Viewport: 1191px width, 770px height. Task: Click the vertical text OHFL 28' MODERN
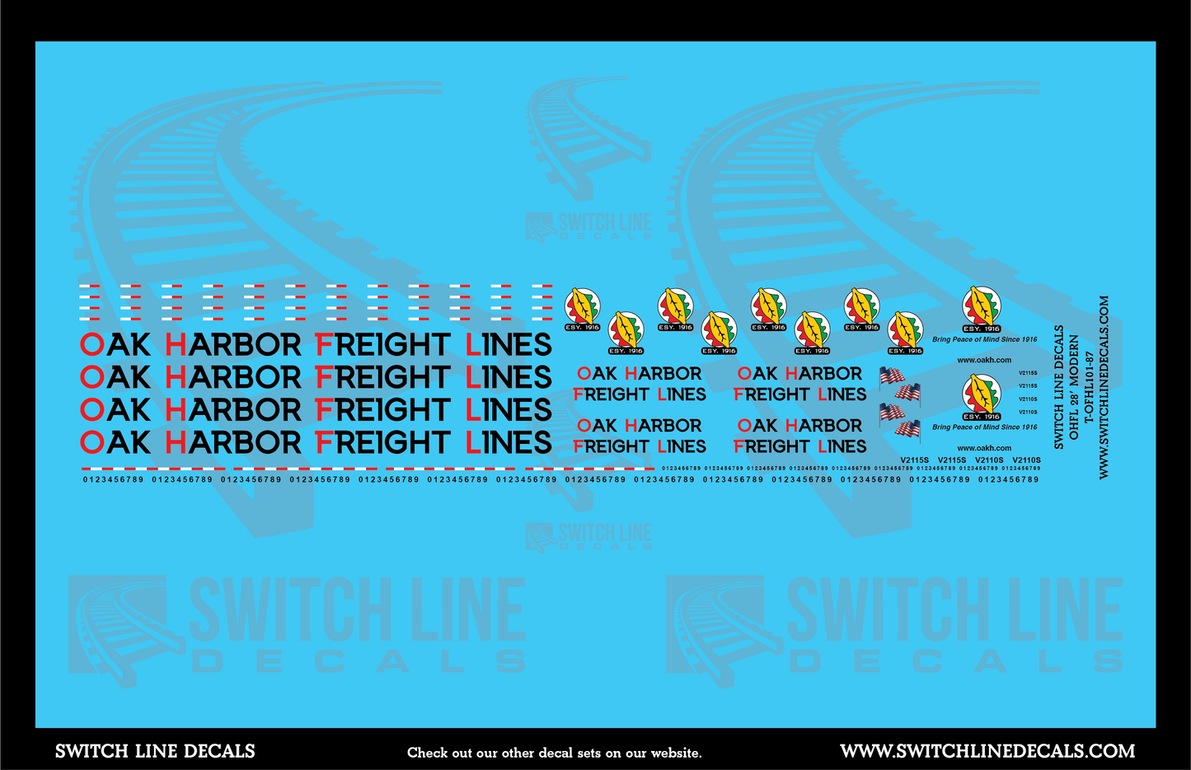(x=1074, y=386)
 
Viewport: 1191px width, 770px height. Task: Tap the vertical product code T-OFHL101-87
(x=1089, y=388)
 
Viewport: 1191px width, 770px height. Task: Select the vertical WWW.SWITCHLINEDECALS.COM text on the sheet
(x=1104, y=387)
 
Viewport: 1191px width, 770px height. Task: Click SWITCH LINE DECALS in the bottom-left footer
(x=155, y=751)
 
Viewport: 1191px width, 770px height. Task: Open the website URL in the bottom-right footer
(x=987, y=751)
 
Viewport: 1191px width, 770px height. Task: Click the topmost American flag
(x=891, y=376)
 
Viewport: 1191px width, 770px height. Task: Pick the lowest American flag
(x=907, y=430)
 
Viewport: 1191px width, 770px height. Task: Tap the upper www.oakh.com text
(x=984, y=360)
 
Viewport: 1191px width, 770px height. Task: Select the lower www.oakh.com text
(x=984, y=448)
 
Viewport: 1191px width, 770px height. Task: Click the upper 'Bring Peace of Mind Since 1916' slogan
(x=984, y=339)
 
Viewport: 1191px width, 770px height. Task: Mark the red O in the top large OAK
(x=91, y=344)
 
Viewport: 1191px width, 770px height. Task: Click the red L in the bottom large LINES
(x=473, y=443)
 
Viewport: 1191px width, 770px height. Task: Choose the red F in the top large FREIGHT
(x=325, y=344)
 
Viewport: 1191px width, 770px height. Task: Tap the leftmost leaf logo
(x=582, y=309)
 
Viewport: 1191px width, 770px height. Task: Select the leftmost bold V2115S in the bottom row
(x=915, y=460)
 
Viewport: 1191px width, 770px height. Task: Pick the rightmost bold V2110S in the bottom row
(x=1026, y=460)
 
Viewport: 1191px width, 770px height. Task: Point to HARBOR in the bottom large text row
(x=233, y=443)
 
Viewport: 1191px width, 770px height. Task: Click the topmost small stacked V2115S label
(x=1028, y=373)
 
